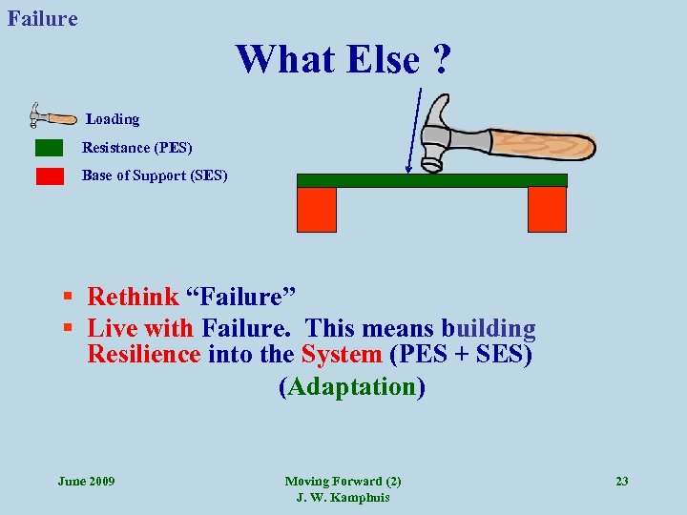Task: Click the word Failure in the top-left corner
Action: click(43, 18)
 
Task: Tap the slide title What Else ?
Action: click(343, 59)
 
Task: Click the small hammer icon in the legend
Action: click(53, 116)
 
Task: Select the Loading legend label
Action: click(113, 119)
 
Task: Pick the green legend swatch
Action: click(49, 148)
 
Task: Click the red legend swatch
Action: click(49, 175)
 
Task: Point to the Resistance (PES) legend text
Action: click(136, 148)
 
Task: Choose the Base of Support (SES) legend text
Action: click(155, 175)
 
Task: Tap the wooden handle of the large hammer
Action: click(544, 144)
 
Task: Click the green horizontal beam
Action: click(431, 180)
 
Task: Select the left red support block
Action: click(318, 209)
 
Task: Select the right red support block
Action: click(548, 209)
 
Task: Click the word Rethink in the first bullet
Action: click(133, 299)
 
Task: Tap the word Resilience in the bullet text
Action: click(144, 356)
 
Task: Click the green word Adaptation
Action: click(352, 387)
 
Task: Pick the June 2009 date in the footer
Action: click(86, 481)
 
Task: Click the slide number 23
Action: click(621, 481)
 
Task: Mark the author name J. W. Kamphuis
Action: click(343, 498)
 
